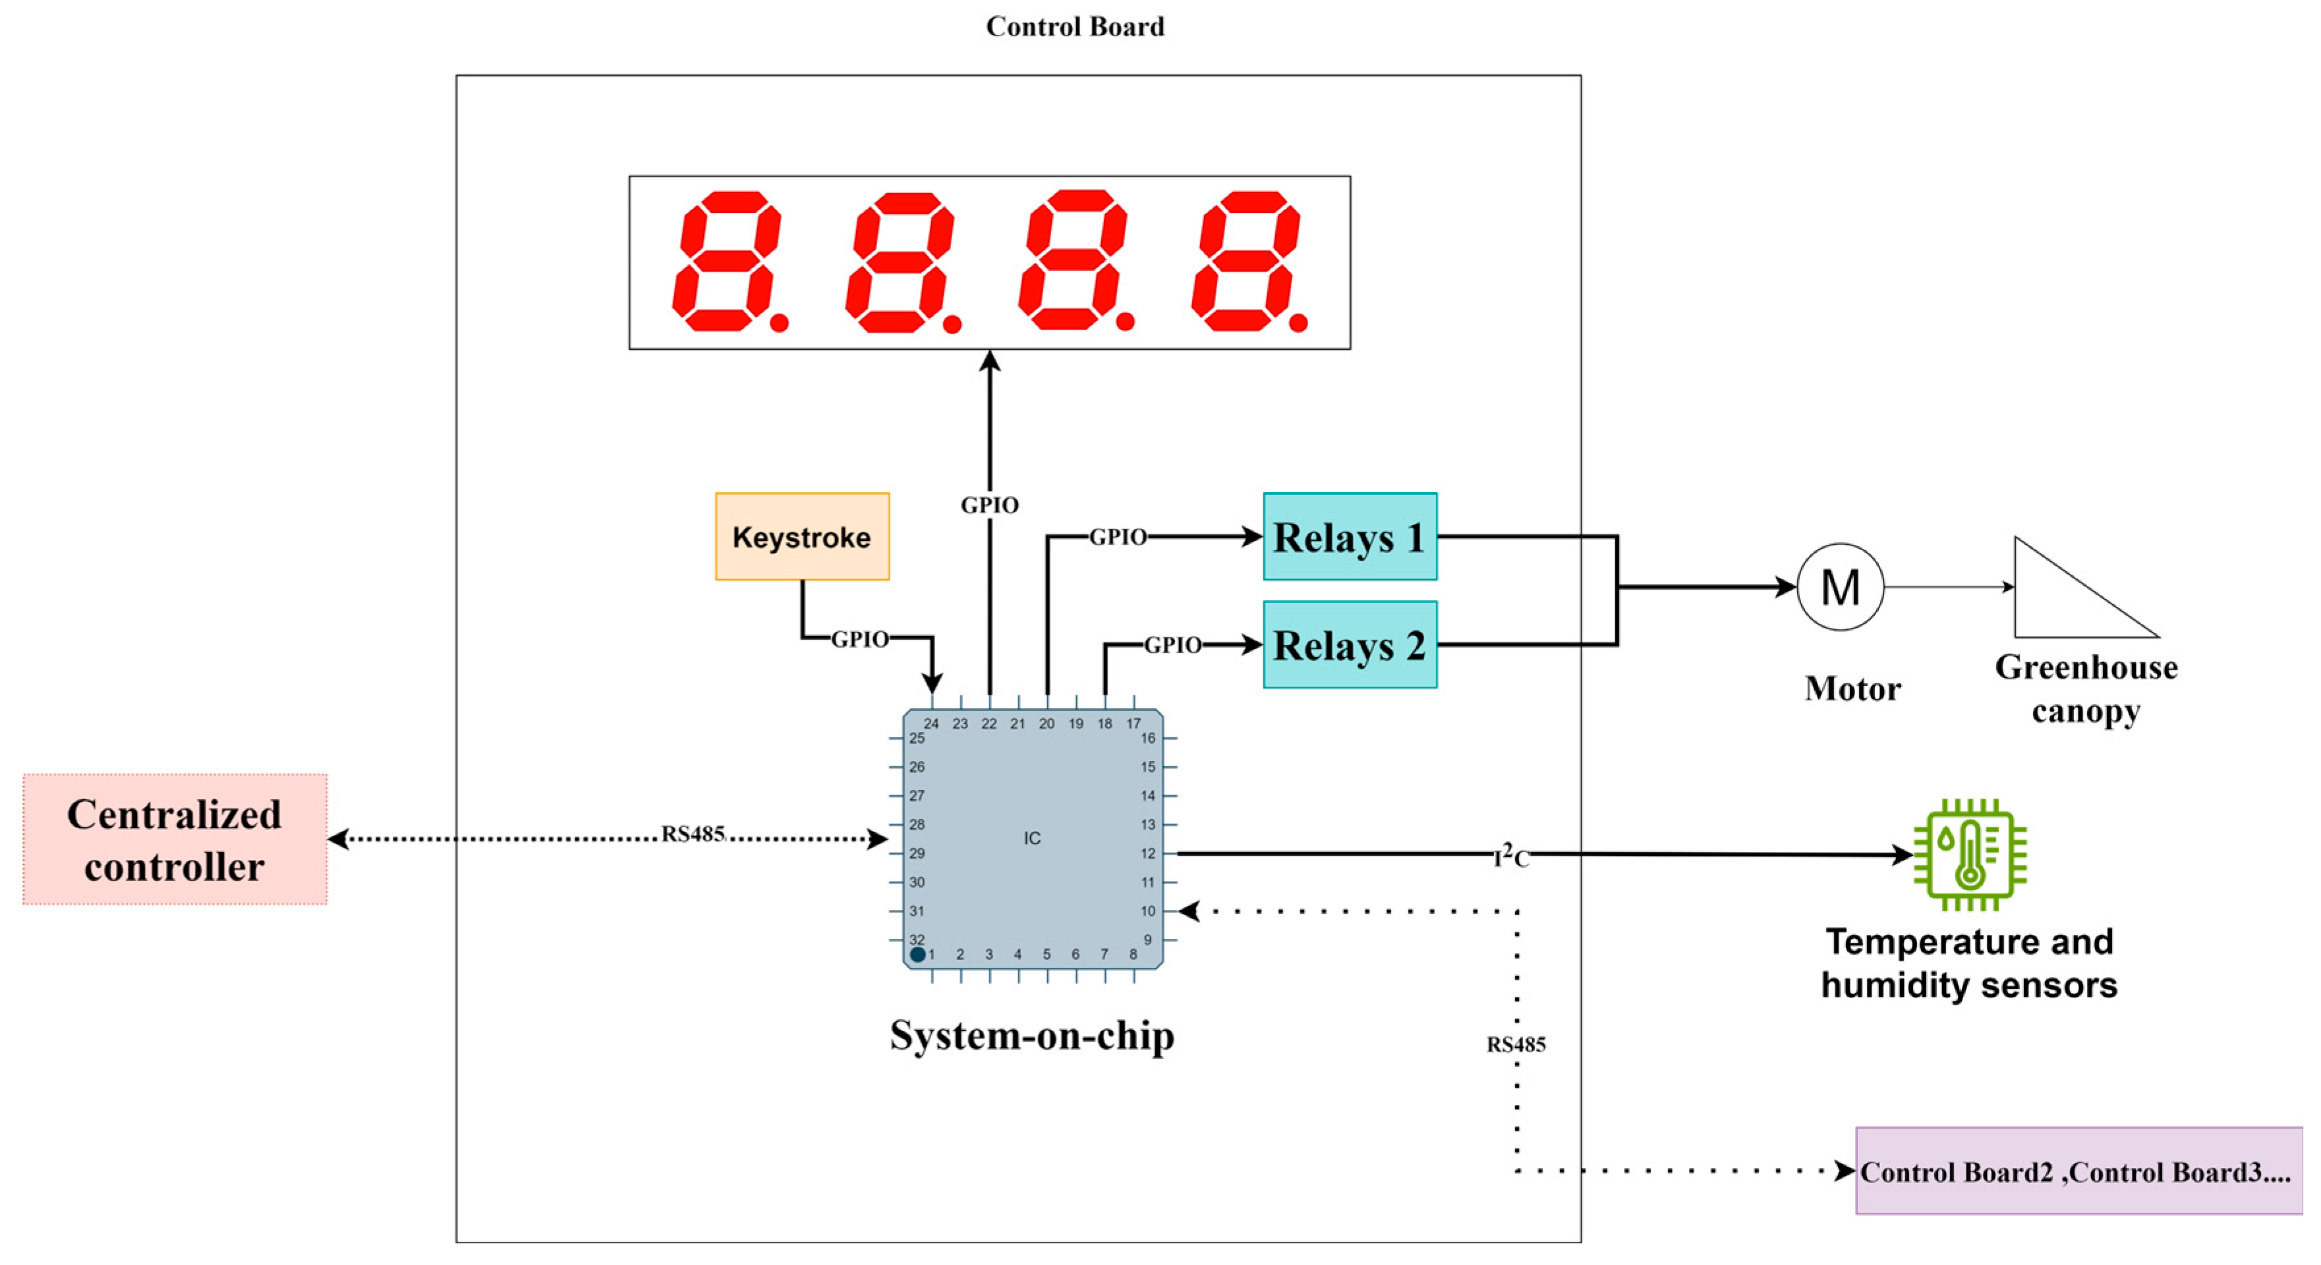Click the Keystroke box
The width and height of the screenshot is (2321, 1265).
pyautogui.click(x=802, y=536)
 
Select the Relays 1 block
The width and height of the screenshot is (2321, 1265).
pyautogui.click(x=1349, y=536)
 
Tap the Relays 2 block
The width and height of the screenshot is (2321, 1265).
pyautogui.click(x=1349, y=644)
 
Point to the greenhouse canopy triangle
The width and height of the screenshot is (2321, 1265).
pyautogui.click(x=2063, y=599)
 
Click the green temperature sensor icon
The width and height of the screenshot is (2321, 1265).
pyautogui.click(x=1970, y=854)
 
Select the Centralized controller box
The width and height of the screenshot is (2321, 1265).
pyautogui.click(x=175, y=839)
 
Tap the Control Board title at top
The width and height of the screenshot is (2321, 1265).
pyautogui.click(x=1075, y=26)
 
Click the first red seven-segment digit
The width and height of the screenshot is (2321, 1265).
pyautogui.click(x=727, y=262)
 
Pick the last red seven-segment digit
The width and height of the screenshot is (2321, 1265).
pyautogui.click(x=1246, y=262)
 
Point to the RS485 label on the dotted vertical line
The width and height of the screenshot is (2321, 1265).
pyautogui.click(x=1516, y=1044)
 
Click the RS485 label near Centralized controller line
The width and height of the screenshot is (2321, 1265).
pyautogui.click(x=692, y=833)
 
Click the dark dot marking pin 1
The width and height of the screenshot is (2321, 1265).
pyautogui.click(x=917, y=954)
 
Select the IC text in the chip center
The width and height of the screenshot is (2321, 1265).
pyautogui.click(x=1031, y=838)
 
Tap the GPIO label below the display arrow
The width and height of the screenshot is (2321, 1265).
pyautogui.click(x=989, y=505)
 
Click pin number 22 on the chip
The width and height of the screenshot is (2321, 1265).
pyautogui.click(x=989, y=723)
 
